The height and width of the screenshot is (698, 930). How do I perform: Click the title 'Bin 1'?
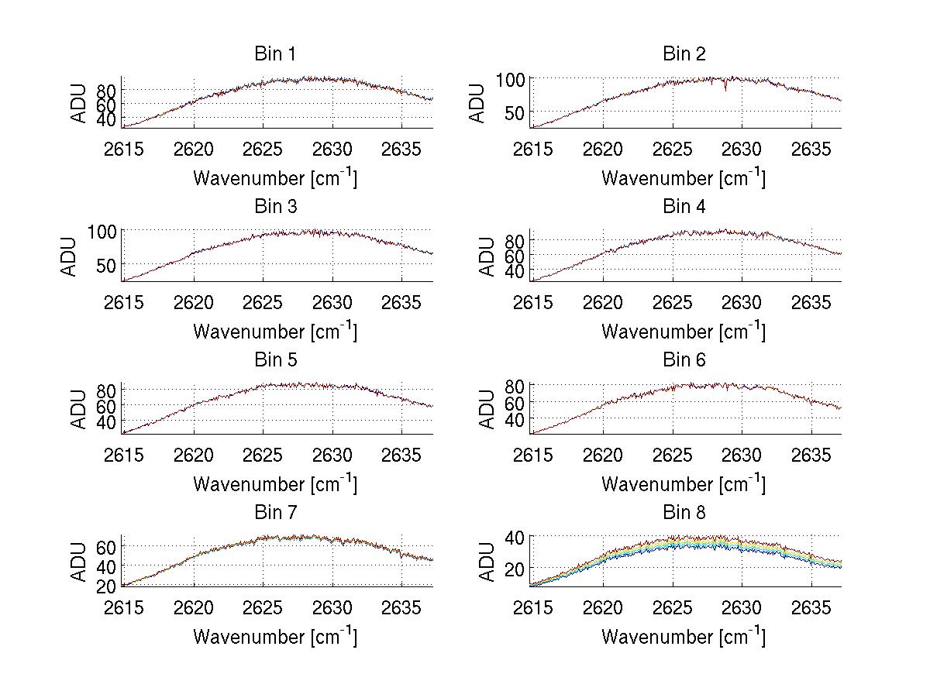click(274, 54)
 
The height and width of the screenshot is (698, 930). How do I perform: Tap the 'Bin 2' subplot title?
click(684, 54)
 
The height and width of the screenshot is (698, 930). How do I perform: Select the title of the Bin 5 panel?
click(274, 360)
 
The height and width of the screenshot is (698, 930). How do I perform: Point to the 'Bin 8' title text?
click(684, 513)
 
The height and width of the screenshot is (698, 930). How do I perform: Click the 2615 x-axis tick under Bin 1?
click(124, 150)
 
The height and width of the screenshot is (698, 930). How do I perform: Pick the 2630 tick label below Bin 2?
click(742, 150)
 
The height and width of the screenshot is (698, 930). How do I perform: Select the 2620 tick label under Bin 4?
click(602, 302)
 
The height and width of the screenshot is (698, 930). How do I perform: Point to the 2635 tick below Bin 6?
click(811, 455)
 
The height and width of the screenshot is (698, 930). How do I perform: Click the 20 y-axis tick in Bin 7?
click(107, 586)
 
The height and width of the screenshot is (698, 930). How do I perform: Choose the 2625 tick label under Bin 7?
click(263, 607)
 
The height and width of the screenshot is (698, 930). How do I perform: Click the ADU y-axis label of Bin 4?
click(487, 256)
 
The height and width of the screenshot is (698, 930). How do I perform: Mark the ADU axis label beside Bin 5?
click(78, 409)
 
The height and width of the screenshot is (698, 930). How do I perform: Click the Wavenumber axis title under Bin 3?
click(275, 331)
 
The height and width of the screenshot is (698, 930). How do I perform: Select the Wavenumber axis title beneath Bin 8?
click(684, 637)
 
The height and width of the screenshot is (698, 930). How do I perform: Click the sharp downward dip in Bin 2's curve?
click(725, 89)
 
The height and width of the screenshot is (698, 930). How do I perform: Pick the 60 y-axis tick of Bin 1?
click(107, 104)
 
